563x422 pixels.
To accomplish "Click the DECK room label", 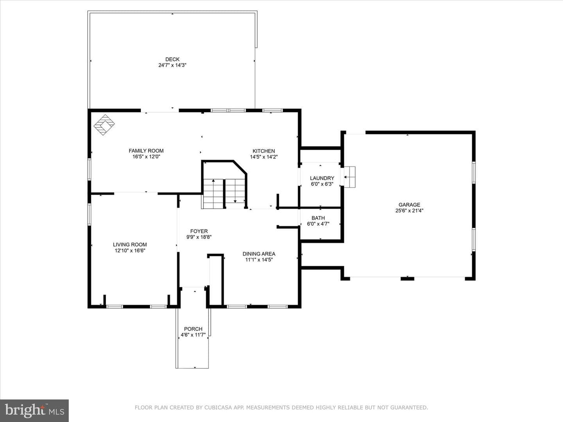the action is click(172, 59).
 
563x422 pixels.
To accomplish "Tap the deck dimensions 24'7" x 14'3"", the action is click(172, 65).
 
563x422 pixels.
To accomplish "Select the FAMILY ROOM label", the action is click(146, 151).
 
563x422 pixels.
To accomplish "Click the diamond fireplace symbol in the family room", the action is click(104, 125).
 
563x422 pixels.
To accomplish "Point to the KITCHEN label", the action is click(264, 151).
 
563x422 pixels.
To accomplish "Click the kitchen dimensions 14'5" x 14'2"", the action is click(264, 157).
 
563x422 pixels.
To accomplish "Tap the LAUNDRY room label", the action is click(322, 178).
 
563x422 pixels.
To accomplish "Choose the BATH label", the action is click(318, 218).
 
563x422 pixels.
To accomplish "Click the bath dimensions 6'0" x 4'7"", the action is click(318, 224).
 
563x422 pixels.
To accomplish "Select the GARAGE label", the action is click(409, 205).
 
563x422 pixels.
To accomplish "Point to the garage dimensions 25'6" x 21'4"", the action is click(409, 211).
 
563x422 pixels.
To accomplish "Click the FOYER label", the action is click(199, 231).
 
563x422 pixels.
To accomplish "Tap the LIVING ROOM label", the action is click(130, 245).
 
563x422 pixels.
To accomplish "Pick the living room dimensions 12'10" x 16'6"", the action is click(130, 250).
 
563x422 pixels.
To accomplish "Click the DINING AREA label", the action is click(259, 254).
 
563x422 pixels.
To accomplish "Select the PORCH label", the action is click(194, 329).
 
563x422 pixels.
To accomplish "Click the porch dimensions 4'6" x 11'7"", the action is click(194, 335).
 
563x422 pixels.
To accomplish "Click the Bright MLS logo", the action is click(34, 410).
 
